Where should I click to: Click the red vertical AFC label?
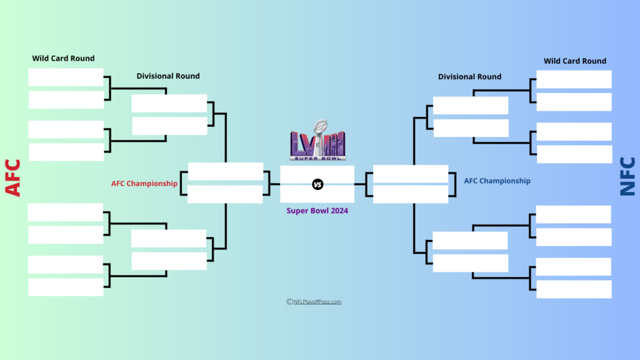(13, 178)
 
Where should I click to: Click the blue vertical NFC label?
(627, 177)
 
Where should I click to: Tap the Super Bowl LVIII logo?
(317, 140)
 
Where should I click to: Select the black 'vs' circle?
(317, 184)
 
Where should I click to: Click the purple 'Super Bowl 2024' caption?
(317, 211)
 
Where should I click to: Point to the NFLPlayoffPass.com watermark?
(314, 302)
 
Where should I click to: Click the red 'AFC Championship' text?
(144, 184)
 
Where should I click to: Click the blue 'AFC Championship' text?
(497, 181)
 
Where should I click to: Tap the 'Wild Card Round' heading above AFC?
(64, 58)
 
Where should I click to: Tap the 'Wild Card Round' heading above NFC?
(575, 61)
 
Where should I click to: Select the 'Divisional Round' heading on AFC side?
(168, 76)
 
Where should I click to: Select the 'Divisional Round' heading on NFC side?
(469, 76)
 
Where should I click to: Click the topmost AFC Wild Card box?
(66, 77)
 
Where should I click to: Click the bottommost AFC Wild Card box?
(66, 287)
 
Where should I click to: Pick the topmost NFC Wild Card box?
(574, 79)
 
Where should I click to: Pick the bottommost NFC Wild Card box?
(574, 289)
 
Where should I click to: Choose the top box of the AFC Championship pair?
(225, 172)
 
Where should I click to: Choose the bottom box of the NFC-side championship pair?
(410, 194)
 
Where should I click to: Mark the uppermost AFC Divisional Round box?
(169, 103)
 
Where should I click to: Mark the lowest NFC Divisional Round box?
(470, 263)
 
